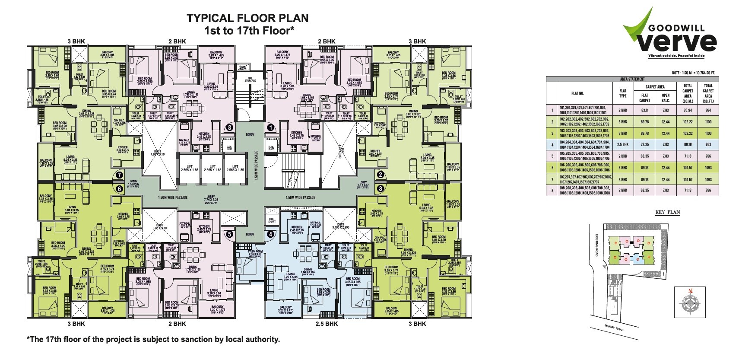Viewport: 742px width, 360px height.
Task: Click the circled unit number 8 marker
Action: click(229, 128)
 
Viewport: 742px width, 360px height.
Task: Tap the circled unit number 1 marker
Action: click(271, 128)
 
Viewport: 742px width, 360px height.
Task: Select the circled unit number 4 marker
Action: click(271, 235)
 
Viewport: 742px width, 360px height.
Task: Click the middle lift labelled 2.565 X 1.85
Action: click(212, 169)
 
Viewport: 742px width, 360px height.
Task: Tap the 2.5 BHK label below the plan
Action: click(327, 323)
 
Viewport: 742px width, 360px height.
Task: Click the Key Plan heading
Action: click(668, 213)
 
